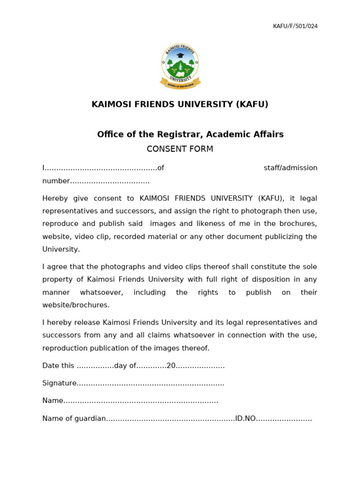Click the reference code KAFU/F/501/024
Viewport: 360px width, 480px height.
(295, 26)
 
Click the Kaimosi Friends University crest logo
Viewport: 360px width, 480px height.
(180, 66)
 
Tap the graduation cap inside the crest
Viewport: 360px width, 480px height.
(180, 55)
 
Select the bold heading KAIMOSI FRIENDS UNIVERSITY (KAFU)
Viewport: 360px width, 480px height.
(180, 104)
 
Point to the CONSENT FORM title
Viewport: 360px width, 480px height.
(180, 149)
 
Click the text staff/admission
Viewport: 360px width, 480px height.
(291, 168)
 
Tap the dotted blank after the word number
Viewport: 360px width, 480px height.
(110, 181)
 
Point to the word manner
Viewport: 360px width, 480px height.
(56, 292)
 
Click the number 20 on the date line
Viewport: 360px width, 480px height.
(171, 366)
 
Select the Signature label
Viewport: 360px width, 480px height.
(60, 383)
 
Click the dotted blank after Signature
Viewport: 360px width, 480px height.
(150, 384)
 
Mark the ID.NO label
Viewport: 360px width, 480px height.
(246, 419)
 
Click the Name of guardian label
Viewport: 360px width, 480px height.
(74, 419)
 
